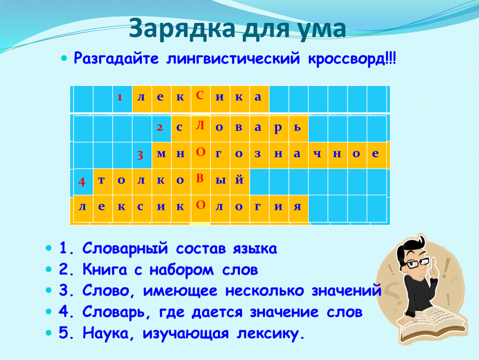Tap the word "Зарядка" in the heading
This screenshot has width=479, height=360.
point(182,28)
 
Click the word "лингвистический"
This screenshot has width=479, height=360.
point(233,58)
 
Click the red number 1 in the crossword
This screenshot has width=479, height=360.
point(120,97)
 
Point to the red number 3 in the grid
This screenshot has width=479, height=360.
point(140,155)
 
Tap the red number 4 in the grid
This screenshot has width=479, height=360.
point(82,182)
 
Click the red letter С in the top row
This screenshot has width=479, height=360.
point(200,95)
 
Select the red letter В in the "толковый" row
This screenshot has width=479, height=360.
point(200,178)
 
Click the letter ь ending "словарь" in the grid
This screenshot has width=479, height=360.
point(297,127)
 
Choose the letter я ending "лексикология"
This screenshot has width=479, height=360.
point(297,207)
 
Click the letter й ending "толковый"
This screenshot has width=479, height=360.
point(239,179)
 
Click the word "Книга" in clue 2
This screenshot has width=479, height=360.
point(105,270)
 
